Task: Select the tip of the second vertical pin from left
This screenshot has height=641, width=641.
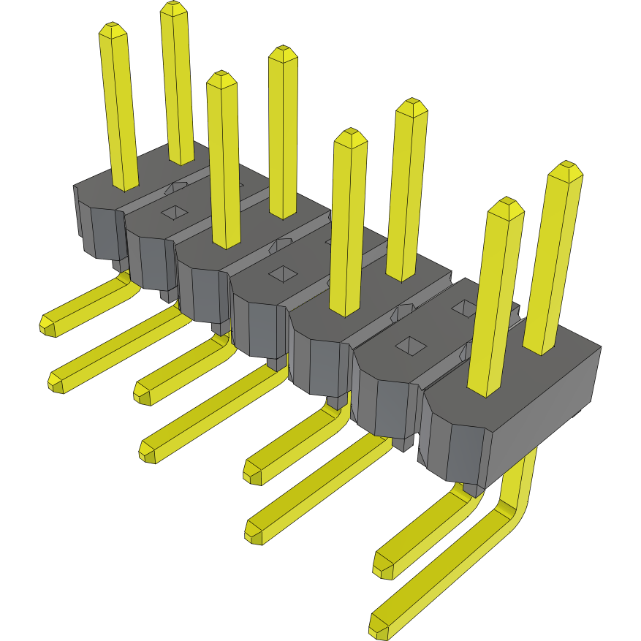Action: click(173, 9)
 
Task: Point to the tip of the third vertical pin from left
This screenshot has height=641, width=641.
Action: click(221, 79)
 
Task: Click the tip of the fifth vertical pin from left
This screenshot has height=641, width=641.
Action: click(349, 137)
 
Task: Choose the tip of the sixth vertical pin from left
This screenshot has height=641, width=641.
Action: click(411, 106)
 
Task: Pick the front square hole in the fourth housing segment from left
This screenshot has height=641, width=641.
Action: click(281, 273)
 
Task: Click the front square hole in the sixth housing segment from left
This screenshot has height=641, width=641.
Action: click(409, 345)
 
